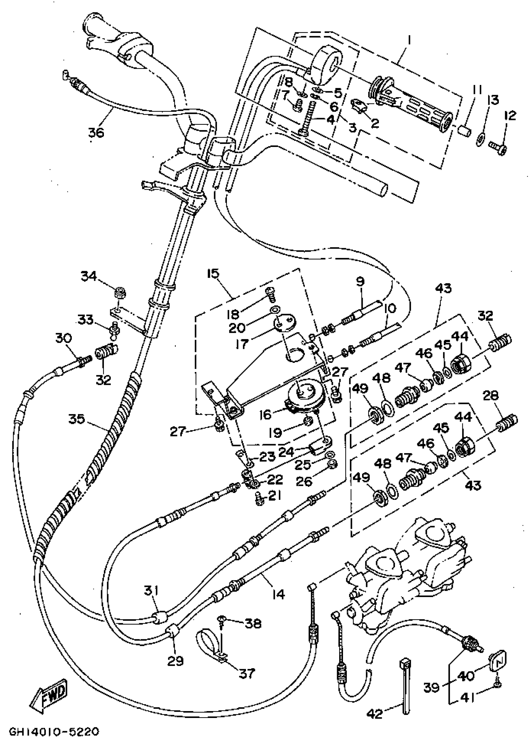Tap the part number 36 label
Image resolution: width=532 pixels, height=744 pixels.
click(x=96, y=133)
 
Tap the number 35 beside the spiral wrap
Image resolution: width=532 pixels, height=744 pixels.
click(x=77, y=419)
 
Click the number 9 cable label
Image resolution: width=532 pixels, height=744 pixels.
click(x=360, y=282)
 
